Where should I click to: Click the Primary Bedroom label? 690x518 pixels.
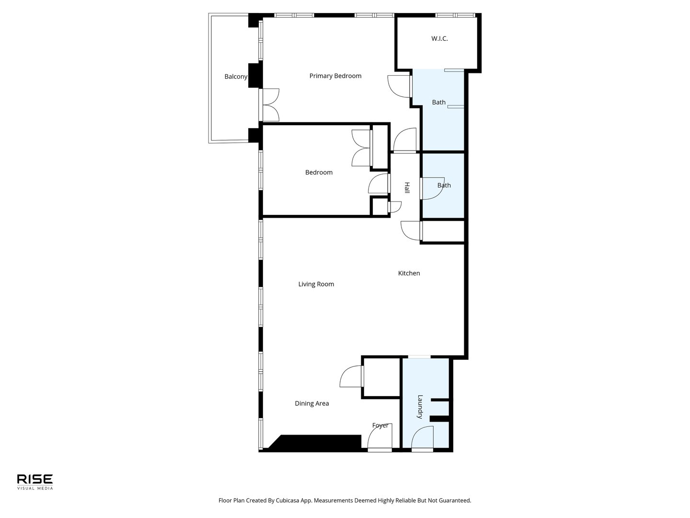pos(335,76)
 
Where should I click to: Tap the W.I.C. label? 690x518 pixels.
pos(439,38)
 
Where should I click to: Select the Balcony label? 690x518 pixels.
pos(236,76)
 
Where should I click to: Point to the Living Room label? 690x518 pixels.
pos(316,284)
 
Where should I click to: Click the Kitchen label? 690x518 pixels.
pos(409,273)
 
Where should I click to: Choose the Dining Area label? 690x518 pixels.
pos(311,403)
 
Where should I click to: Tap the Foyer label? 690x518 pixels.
pos(380,425)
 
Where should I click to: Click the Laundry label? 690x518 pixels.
pos(420,407)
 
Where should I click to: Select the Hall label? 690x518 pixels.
pos(407,188)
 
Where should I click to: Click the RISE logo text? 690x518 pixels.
pos(35,479)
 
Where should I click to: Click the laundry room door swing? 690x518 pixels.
pos(422,437)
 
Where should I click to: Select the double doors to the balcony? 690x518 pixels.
pos(270,105)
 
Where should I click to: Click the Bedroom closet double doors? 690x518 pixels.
pos(361,148)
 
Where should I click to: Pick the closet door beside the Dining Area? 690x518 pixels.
pos(351,376)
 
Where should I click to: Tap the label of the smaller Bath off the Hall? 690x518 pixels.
pos(444,185)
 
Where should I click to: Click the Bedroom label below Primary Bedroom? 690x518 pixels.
pos(319,172)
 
